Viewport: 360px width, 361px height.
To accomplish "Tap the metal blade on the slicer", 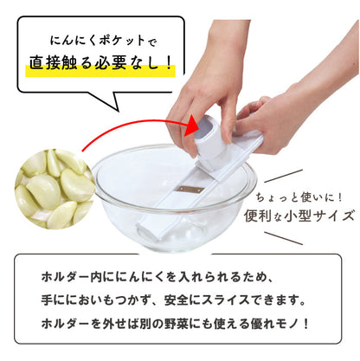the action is click(x=190, y=190).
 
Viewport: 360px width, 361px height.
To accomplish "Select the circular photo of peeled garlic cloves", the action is click(x=55, y=189).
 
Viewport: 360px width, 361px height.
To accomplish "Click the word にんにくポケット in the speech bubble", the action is click(x=97, y=41).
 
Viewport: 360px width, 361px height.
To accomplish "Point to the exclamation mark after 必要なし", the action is click(x=169, y=62).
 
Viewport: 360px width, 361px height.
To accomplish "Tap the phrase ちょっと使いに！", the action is click(x=299, y=197).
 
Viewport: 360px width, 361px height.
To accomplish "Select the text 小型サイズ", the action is click(x=319, y=216).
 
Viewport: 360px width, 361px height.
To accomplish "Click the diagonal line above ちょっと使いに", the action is click(x=283, y=176).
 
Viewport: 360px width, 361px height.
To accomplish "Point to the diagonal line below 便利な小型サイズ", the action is click(x=283, y=238).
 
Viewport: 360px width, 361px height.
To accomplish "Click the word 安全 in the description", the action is click(x=177, y=300).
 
